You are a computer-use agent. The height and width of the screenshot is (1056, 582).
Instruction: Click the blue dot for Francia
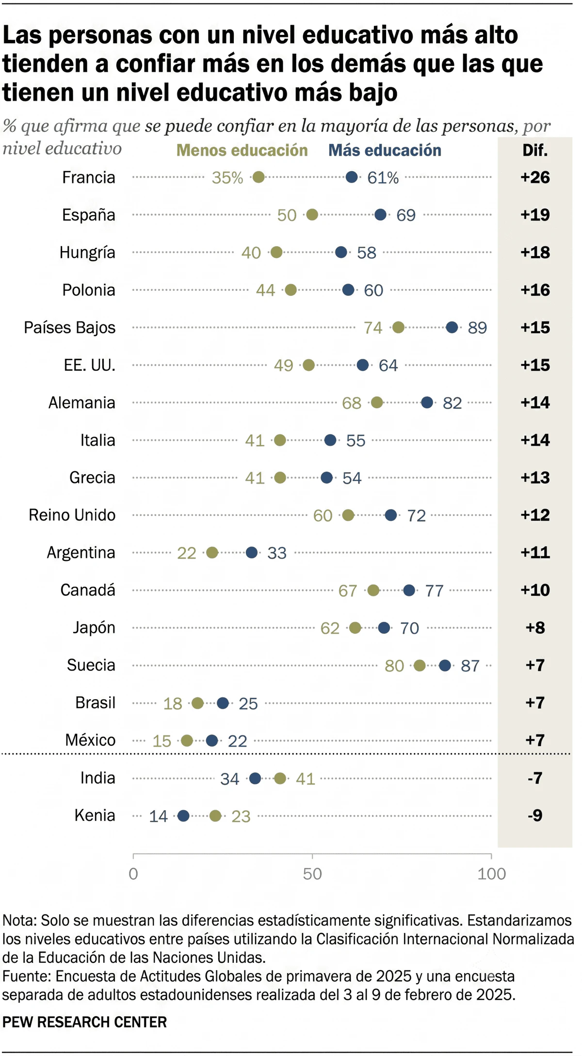click(x=352, y=177)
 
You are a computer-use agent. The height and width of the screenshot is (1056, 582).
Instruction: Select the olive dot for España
click(x=312, y=215)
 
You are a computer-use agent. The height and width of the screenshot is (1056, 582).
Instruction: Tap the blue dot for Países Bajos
click(x=452, y=327)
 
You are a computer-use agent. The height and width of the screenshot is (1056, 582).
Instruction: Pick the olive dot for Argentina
click(x=212, y=553)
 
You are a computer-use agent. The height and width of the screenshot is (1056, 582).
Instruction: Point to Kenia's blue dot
click(x=183, y=816)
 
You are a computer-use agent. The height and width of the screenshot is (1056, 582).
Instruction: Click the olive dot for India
click(x=280, y=778)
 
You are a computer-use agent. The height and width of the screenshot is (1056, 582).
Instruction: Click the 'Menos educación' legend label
click(x=242, y=150)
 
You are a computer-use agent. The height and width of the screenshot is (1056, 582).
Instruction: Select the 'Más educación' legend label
click(x=385, y=150)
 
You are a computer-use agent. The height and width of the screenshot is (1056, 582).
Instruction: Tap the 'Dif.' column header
click(x=535, y=150)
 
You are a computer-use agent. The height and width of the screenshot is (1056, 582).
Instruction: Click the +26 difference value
click(x=535, y=177)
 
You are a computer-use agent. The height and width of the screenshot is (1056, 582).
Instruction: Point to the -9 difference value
click(x=535, y=816)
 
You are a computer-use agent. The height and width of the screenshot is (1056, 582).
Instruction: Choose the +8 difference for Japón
click(x=535, y=628)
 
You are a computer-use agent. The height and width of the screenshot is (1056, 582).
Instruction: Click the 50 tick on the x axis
click(x=312, y=874)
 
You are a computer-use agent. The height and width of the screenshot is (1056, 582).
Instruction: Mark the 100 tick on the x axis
click(x=491, y=874)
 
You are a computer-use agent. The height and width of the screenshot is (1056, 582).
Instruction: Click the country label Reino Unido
click(x=72, y=515)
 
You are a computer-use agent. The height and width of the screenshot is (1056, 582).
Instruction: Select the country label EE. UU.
click(x=90, y=365)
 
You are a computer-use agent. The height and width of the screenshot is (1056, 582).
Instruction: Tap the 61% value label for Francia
click(x=383, y=178)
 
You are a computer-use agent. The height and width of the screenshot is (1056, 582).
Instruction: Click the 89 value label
click(x=477, y=328)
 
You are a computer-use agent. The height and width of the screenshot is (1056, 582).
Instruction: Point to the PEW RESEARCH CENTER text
click(x=84, y=1022)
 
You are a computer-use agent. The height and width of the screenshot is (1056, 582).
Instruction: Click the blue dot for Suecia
click(x=445, y=666)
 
